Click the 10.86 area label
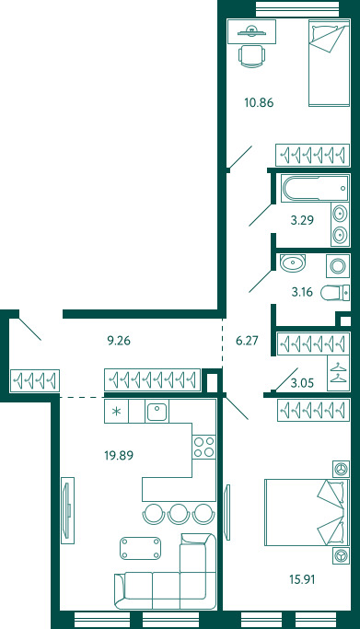click(x=259, y=103)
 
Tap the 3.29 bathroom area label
click(x=302, y=220)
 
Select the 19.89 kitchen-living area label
click(x=119, y=455)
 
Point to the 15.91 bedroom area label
click(x=302, y=579)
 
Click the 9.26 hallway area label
click(x=119, y=341)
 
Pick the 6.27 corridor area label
click(x=247, y=341)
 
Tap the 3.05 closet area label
click(x=302, y=383)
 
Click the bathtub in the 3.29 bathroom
click(x=315, y=188)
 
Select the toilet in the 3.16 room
click(x=335, y=293)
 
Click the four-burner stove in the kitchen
click(x=203, y=448)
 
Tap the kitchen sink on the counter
click(x=157, y=412)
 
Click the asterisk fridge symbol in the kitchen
click(x=116, y=412)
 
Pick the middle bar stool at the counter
click(x=179, y=514)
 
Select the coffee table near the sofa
click(x=140, y=548)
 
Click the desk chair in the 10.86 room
click(x=251, y=56)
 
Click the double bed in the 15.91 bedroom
click(x=307, y=512)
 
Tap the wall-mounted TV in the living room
click(x=67, y=510)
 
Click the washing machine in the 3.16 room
click(x=338, y=265)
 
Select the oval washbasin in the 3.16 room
click(x=293, y=263)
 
